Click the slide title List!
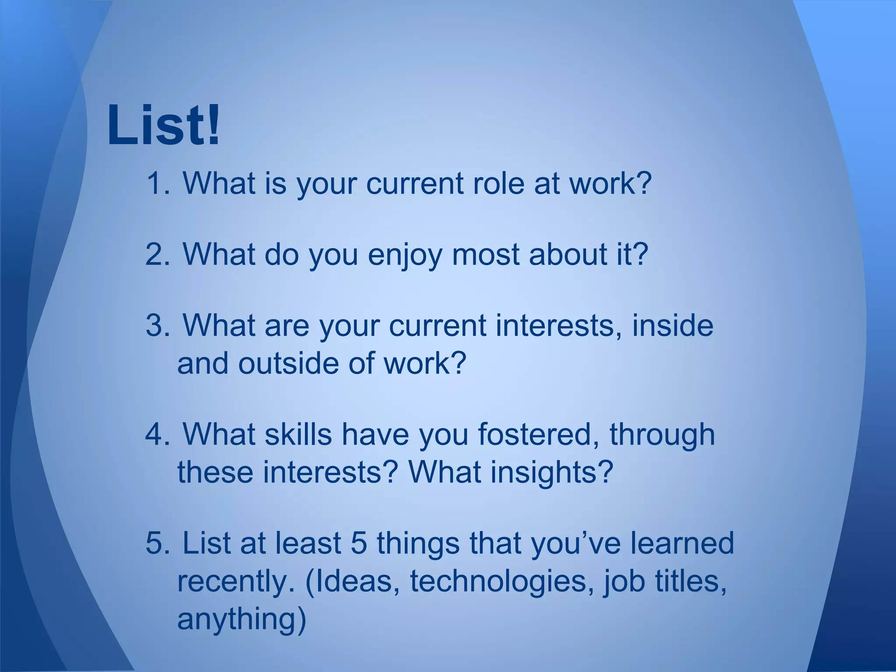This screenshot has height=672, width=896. [164, 126]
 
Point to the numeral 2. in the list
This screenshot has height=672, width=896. [157, 255]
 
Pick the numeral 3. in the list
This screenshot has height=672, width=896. [157, 326]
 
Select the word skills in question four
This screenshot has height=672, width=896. [298, 434]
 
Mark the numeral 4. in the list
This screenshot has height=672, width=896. [157, 434]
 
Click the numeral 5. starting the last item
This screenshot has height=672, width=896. [157, 543]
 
